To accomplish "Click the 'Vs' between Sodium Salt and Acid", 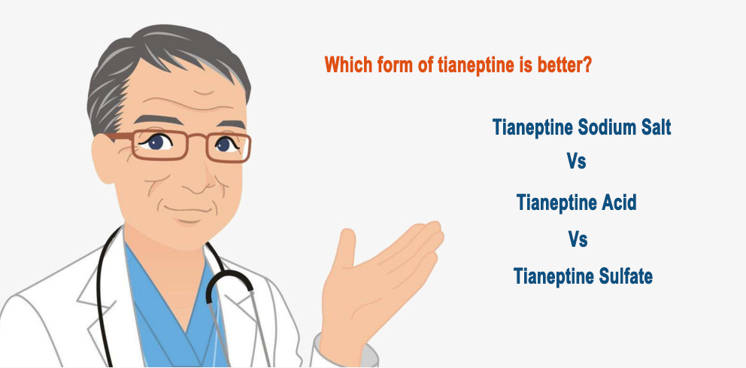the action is pyautogui.click(x=576, y=161).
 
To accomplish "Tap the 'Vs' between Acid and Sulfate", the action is pyautogui.click(x=578, y=239).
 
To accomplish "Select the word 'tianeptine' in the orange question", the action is pyautogui.click(x=470, y=64).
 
